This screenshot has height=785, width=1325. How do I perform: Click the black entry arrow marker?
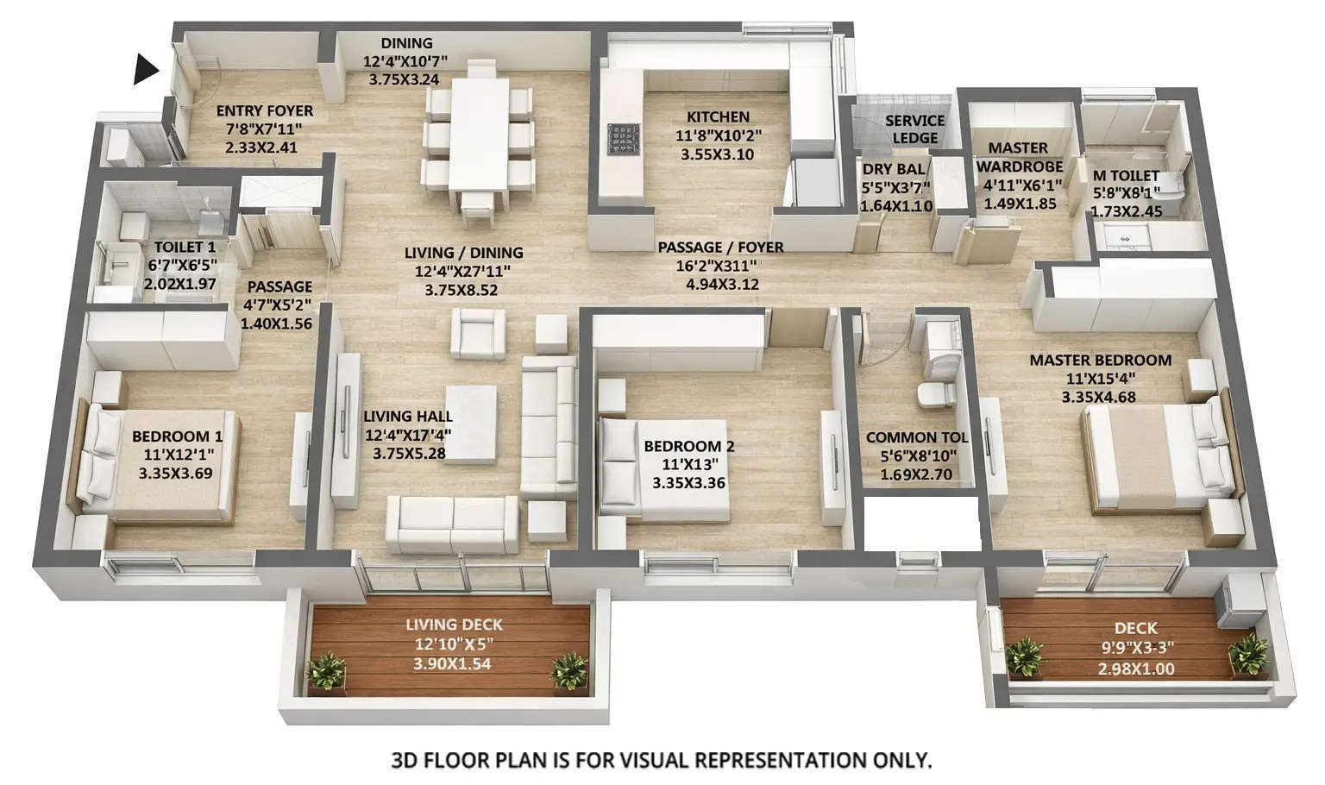146,70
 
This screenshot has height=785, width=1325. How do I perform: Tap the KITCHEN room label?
718,116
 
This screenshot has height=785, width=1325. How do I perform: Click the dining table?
479,134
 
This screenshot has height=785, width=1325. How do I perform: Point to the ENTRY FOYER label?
264,111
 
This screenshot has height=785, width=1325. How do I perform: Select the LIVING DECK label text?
454,625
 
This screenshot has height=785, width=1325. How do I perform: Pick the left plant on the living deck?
326,670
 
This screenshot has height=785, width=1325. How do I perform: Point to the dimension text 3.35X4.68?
1098,398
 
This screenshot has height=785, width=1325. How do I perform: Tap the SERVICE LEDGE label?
914,129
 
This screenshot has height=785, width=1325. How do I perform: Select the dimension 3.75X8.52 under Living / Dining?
461,291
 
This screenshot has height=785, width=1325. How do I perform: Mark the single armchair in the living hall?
478,334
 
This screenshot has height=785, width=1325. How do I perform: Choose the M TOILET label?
1126,176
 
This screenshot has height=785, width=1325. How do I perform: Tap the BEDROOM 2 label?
688,446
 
